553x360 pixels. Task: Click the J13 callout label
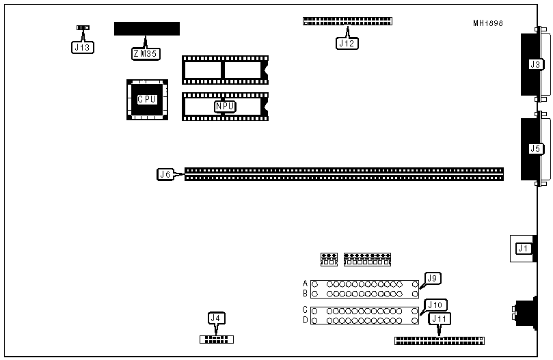[x=82, y=48]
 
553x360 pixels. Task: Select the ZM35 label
[x=143, y=53]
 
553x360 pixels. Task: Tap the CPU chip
[x=146, y=100]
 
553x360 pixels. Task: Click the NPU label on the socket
[x=224, y=106]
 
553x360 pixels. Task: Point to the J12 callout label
[x=347, y=42]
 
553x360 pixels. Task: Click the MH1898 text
[x=487, y=23]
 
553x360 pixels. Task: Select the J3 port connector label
[x=535, y=64]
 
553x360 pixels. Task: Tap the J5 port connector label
[x=535, y=148]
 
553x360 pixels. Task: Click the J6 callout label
[x=165, y=174]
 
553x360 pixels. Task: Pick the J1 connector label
[x=523, y=248]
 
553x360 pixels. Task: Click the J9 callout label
[x=432, y=277]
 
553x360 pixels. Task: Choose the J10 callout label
[x=434, y=305]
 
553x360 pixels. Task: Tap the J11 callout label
[x=439, y=319]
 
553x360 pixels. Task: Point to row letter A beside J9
[x=305, y=283]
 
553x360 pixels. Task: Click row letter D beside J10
[x=305, y=320]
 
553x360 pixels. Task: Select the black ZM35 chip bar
[x=147, y=28]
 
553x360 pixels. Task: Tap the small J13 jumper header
[x=83, y=28]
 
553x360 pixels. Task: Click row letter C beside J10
[x=305, y=309]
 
